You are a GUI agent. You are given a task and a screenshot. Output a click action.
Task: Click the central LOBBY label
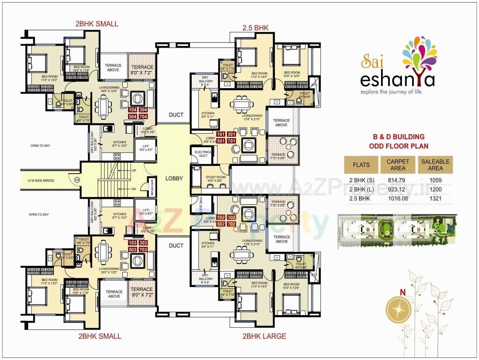pyautogui.click(x=174, y=178)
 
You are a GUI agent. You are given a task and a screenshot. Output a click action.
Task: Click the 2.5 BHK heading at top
pyautogui.click(x=255, y=28)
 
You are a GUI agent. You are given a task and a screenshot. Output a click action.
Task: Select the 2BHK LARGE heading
pyautogui.click(x=264, y=336)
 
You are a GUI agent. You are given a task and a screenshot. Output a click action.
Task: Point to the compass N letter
pyautogui.click(x=402, y=292)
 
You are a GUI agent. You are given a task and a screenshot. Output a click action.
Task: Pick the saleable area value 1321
pyautogui.click(x=435, y=198)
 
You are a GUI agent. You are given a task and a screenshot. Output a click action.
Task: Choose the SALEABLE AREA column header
pyautogui.click(x=435, y=165)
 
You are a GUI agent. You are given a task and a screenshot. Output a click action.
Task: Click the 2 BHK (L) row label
pyautogui.click(x=361, y=189)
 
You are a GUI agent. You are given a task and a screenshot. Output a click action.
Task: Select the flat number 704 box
pyautogui.click(x=143, y=117)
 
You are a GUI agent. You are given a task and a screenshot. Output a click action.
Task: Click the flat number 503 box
pyautogui.click(x=133, y=249)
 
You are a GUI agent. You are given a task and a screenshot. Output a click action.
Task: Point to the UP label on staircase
pyautogui.click(x=134, y=170)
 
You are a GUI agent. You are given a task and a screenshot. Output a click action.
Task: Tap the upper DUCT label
pyautogui.click(x=176, y=115)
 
